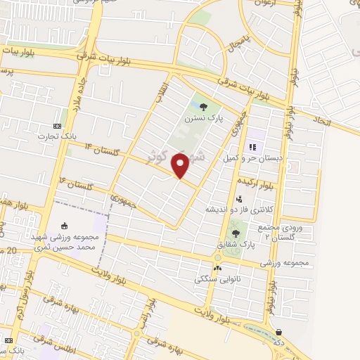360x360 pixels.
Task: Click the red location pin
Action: click(180, 165)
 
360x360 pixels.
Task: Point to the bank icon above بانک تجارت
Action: click(57, 124)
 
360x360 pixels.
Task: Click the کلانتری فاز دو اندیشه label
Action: click(235, 210)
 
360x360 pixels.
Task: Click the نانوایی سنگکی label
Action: click(218, 278)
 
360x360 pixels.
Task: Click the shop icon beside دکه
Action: click(279, 333)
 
